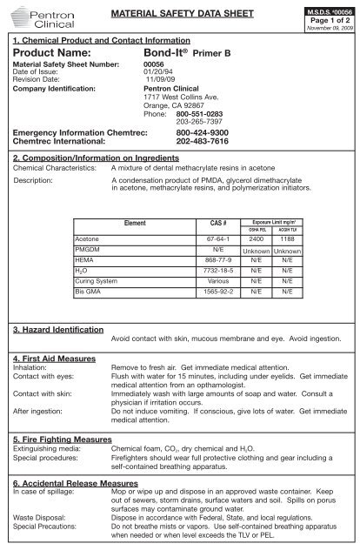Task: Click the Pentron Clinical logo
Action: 35,20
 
